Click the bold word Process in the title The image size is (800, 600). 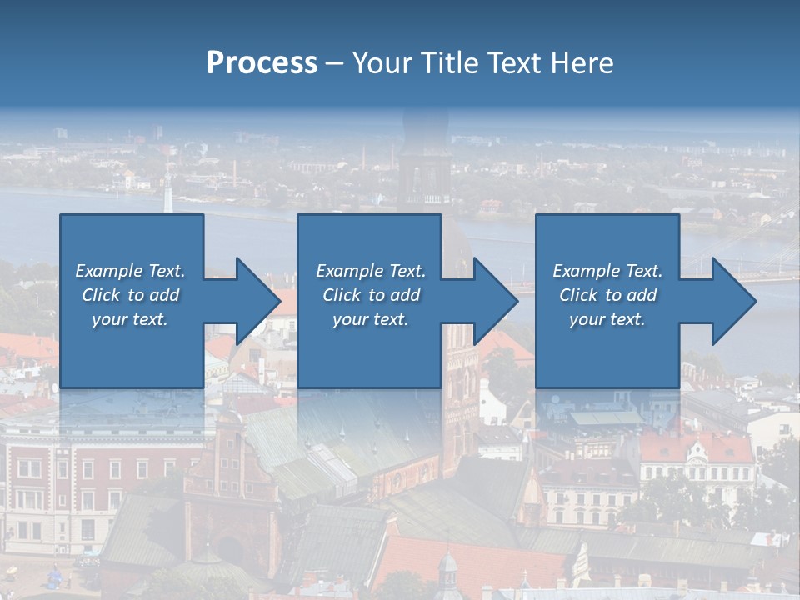[x=262, y=63]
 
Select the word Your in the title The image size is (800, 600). [x=383, y=63]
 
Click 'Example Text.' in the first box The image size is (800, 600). [x=130, y=271]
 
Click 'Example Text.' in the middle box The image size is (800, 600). [x=370, y=271]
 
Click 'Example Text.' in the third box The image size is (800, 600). [x=607, y=271]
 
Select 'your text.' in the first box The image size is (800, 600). [x=130, y=319]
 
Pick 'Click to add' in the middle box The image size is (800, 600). [x=370, y=295]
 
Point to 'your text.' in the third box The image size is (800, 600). [x=607, y=319]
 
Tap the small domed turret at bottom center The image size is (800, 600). [x=447, y=567]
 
